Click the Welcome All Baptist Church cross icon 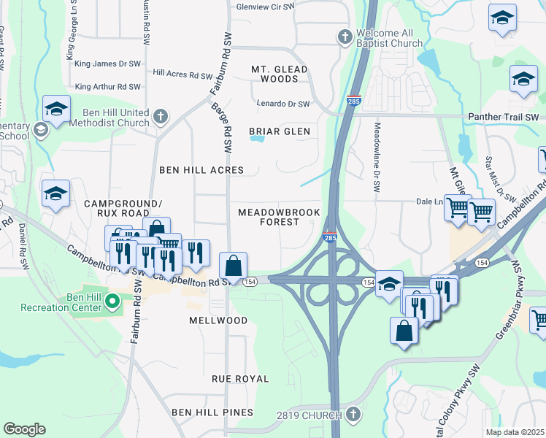coord(345,36)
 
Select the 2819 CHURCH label coord(309,415)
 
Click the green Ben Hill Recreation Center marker coord(112,301)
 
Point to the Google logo coord(24,429)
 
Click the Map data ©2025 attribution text coord(514,432)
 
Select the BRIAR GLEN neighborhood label coord(280,132)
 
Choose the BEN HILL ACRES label coord(201,170)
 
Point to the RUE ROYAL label coord(240,379)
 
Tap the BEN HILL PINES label coord(212,412)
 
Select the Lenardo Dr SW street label coord(282,104)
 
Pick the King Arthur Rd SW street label coord(108,86)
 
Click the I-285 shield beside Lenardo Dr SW coord(353,101)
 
